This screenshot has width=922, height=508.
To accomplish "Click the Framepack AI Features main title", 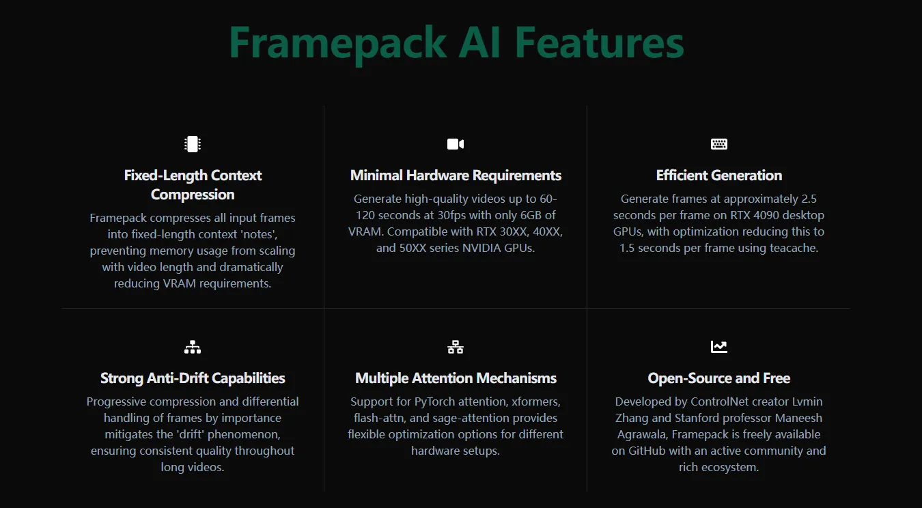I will tap(456, 42).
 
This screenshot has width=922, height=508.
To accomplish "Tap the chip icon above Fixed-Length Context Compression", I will tap(193, 144).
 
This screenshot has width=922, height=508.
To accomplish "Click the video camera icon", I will tap(456, 144).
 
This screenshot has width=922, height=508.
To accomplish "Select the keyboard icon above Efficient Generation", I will tap(719, 144).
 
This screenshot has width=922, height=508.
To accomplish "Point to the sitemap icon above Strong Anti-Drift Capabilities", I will tap(193, 347).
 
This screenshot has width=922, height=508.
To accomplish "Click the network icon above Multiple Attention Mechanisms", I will tap(456, 347).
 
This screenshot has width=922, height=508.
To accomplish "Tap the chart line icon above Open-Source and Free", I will tap(719, 347).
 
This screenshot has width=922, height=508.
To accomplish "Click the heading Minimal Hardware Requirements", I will tap(456, 175).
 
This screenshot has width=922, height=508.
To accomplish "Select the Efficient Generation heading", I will tap(719, 175).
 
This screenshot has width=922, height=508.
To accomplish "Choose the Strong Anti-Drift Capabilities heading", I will tap(193, 378).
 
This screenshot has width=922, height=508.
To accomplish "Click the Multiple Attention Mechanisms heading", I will tap(456, 378).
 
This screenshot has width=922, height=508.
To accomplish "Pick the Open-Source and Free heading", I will tap(719, 378).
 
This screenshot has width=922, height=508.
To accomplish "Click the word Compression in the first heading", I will tap(193, 195).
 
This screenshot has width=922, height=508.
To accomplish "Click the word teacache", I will tap(792, 248).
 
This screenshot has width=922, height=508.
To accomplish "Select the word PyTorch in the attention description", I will tap(437, 401).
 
